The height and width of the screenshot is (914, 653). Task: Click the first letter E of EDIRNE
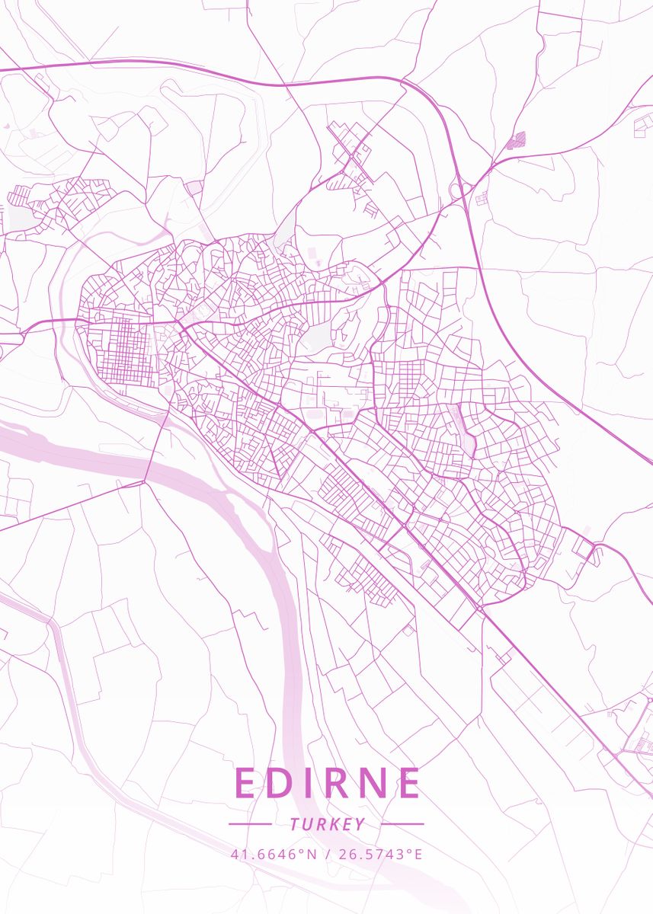(246, 783)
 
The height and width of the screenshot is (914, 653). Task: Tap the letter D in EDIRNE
(280, 783)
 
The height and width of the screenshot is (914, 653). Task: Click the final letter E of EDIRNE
(408, 783)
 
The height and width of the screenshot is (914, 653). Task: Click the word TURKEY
(327, 824)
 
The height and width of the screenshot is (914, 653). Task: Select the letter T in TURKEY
(294, 824)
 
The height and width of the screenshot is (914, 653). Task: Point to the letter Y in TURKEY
(360, 824)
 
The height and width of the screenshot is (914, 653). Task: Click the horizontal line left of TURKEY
(250, 824)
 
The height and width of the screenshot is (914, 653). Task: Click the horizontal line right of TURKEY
(402, 824)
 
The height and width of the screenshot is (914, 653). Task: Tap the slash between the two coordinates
(327, 854)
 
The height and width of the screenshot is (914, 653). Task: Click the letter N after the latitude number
(311, 854)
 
